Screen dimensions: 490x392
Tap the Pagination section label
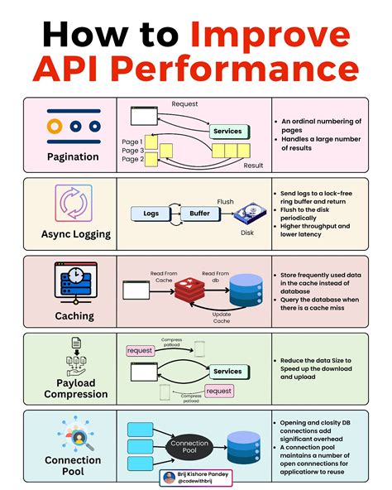[73, 156]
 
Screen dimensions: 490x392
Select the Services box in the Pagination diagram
[227, 132]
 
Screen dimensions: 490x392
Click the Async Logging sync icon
[73, 204]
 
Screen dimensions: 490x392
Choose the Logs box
[151, 214]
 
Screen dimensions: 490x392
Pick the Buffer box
[199, 214]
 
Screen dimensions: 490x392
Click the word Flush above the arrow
[225, 201]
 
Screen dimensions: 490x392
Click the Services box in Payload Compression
[227, 372]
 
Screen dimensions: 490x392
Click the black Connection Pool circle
[189, 446]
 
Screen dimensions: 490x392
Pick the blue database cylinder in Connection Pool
[246, 447]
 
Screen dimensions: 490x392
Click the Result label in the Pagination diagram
[252, 166]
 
